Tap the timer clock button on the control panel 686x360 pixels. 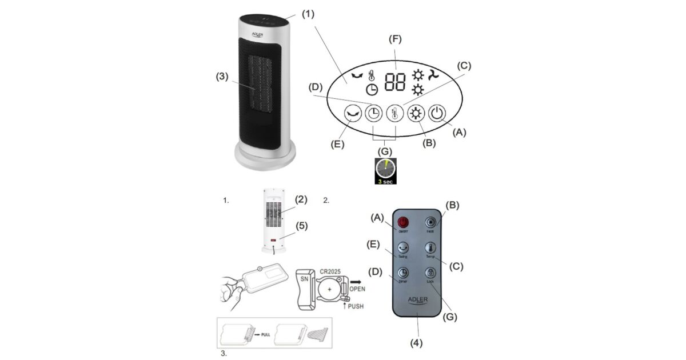pos(374,113)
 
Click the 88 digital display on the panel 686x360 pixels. pos(396,82)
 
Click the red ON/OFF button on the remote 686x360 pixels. pos(403,223)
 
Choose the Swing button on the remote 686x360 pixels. pos(403,249)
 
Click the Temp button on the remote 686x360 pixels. pos(430,249)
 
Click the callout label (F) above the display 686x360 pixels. pos(395,39)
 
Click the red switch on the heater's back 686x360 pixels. pos(274,240)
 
